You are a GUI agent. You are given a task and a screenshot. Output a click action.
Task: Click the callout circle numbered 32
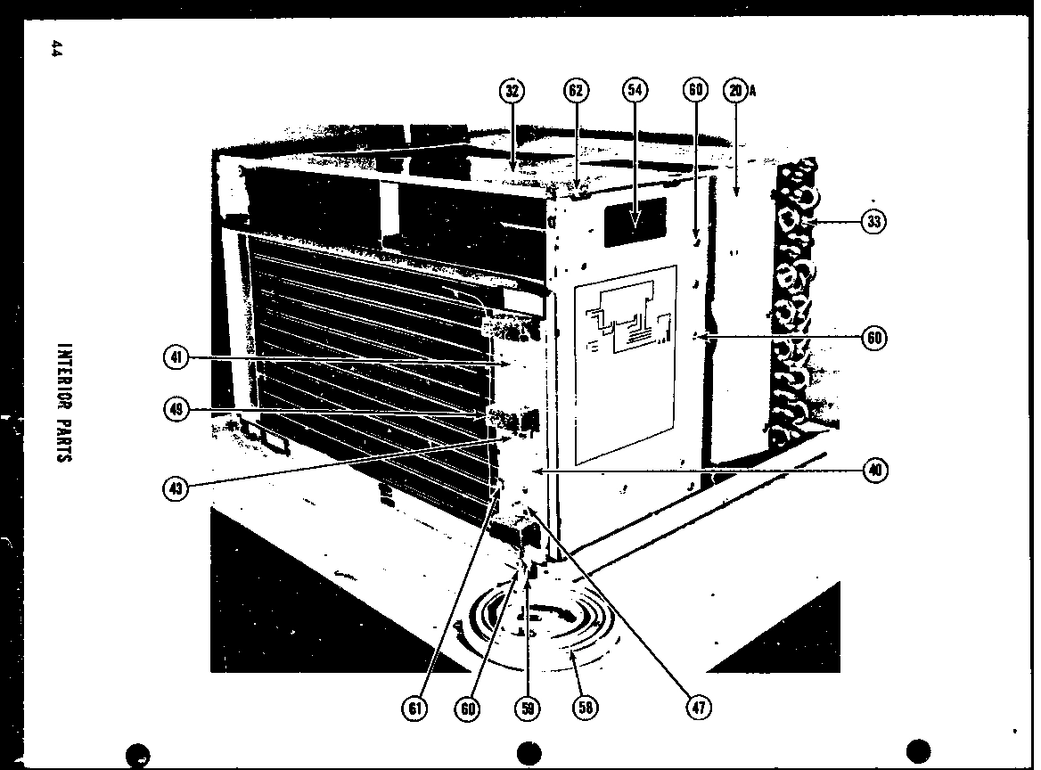tap(511, 90)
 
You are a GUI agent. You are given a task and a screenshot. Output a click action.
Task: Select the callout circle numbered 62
tap(575, 90)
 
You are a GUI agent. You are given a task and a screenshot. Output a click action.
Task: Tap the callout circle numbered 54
tap(635, 90)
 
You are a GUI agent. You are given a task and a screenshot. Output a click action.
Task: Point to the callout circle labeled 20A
tap(735, 90)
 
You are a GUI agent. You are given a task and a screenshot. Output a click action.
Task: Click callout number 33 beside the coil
tap(874, 221)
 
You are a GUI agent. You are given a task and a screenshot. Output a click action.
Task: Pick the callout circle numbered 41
tap(176, 357)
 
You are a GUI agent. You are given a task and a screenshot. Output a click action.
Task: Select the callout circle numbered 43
tap(176, 487)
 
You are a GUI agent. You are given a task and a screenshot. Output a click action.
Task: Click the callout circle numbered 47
tap(698, 708)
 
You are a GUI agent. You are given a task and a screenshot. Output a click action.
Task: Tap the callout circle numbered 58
tap(585, 708)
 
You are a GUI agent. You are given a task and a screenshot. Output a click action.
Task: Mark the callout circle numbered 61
tap(414, 708)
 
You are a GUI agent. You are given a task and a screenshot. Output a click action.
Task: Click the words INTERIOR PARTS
tap(63, 402)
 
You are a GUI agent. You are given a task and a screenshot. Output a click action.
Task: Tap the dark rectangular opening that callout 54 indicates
tap(635, 222)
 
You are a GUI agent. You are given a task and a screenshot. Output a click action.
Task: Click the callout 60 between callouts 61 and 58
tap(468, 708)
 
